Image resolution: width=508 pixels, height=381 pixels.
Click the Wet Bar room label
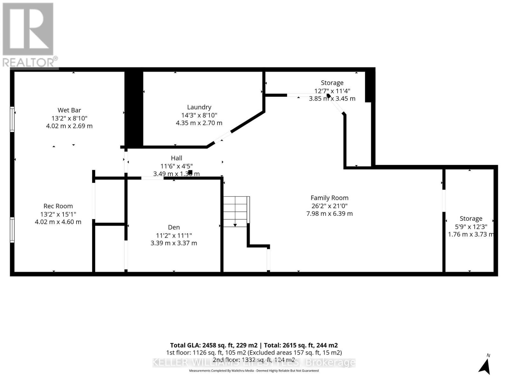[69, 110]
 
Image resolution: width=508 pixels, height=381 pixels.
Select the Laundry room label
[199, 107]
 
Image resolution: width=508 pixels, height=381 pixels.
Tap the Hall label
[177, 158]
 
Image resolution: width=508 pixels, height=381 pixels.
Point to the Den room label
[174, 227]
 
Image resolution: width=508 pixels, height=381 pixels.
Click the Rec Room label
[58, 206]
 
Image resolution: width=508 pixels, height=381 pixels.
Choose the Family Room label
[329, 198]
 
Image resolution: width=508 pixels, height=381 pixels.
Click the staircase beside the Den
[236, 211]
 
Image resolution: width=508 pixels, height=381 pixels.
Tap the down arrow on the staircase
[235, 224]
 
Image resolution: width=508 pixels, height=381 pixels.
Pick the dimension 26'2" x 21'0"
[329, 206]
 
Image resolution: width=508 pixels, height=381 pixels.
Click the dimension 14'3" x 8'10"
[199, 115]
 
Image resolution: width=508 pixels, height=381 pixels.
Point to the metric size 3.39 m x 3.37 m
[174, 243]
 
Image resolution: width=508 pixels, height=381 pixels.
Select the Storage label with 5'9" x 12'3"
[471, 219]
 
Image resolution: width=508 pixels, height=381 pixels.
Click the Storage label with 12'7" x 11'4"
[332, 83]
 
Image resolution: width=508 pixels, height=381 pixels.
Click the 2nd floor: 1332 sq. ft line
[254, 360]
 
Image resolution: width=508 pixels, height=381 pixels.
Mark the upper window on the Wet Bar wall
[12, 119]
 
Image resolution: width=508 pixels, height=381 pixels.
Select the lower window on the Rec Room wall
[12, 230]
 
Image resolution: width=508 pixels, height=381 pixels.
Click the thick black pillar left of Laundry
[134, 108]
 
